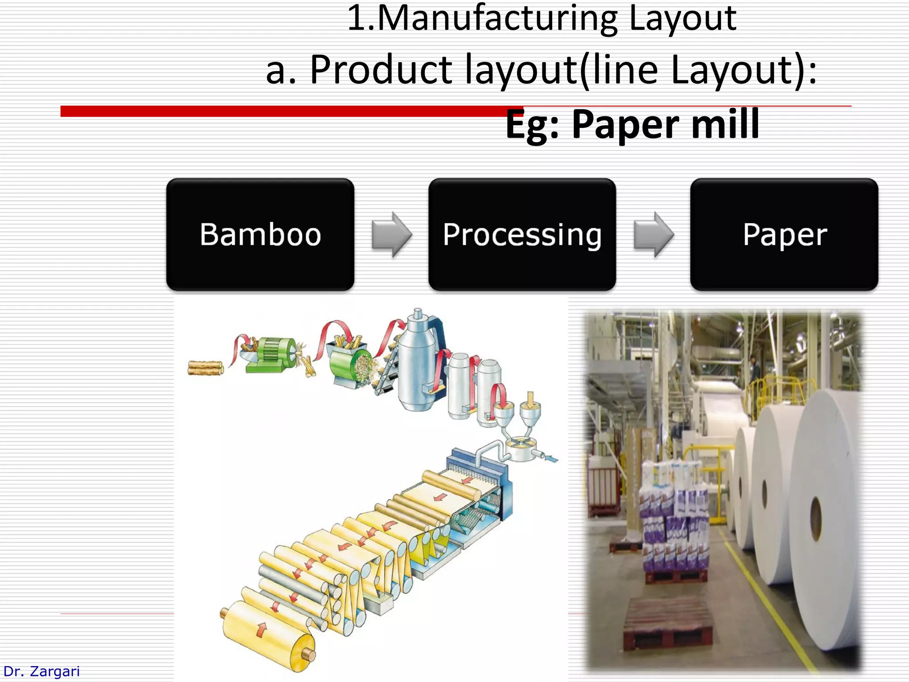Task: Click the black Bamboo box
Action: click(x=260, y=234)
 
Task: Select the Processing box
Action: click(x=522, y=234)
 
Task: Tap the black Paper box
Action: click(x=784, y=234)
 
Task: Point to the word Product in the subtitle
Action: click(x=381, y=70)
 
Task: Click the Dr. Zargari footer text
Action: click(x=41, y=671)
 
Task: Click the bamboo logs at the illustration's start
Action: click(x=205, y=368)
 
